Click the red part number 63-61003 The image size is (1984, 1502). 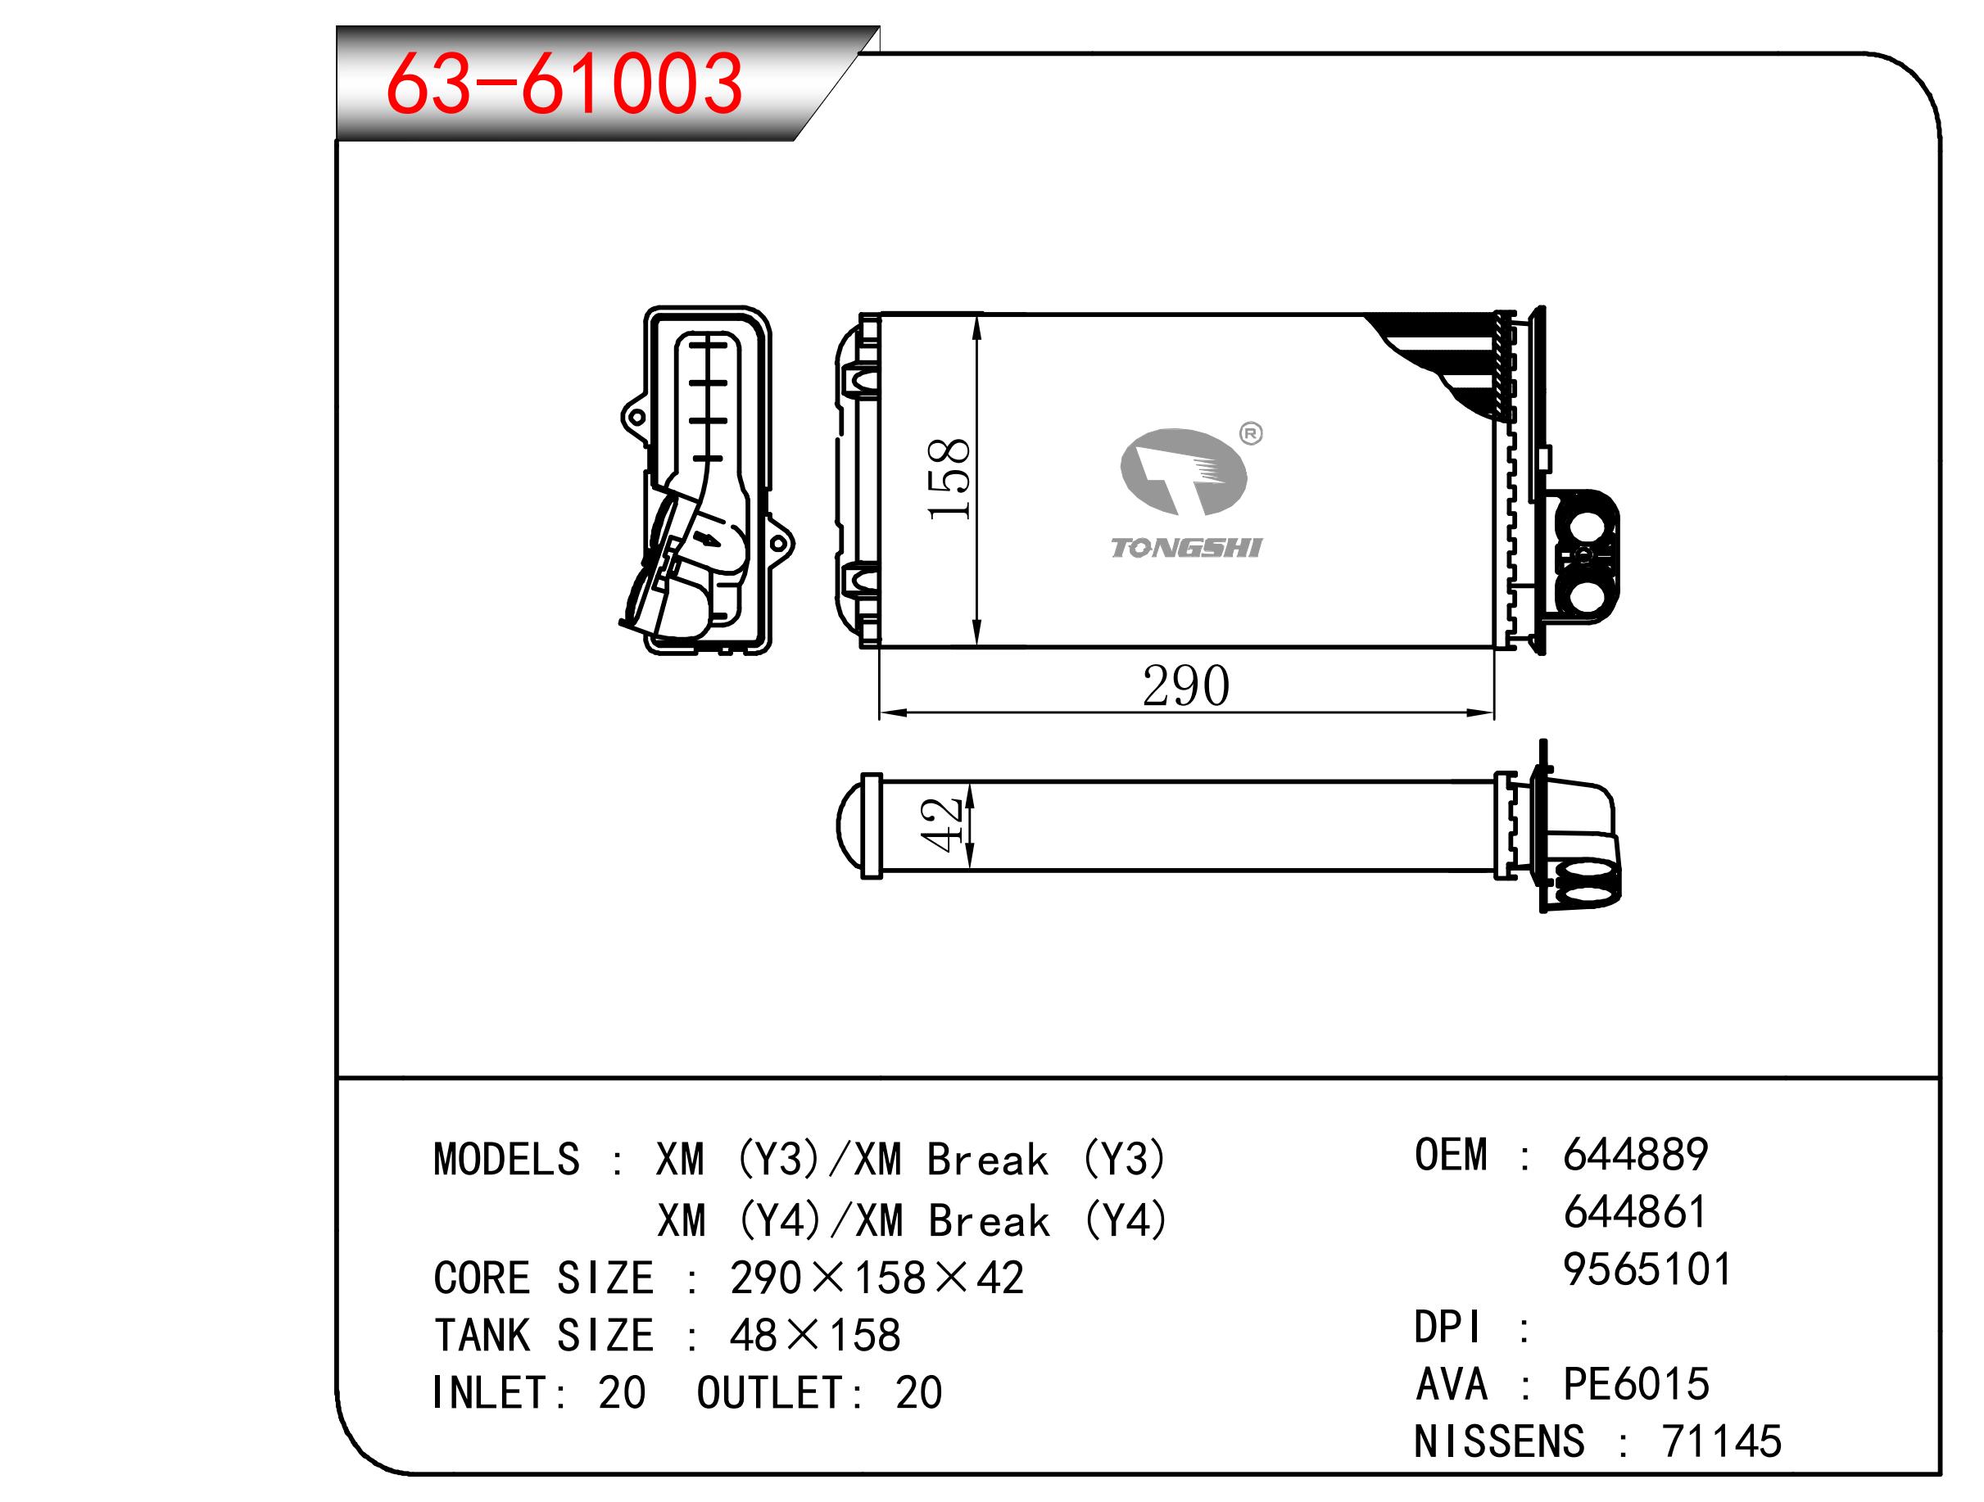[x=564, y=84]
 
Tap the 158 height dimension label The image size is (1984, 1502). [x=949, y=479]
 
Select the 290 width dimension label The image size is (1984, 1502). [x=1186, y=686]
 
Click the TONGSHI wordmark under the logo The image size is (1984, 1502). [x=1186, y=548]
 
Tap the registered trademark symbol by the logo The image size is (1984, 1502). [x=1250, y=434]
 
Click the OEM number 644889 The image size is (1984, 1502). [x=1635, y=1155]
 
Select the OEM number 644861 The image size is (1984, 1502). [x=1635, y=1212]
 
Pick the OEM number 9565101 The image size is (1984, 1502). [x=1647, y=1269]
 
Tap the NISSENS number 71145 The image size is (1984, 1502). [x=1722, y=1442]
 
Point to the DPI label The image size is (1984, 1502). [x=1447, y=1327]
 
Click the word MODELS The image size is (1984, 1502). [x=507, y=1160]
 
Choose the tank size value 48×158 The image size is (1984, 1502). [x=814, y=1336]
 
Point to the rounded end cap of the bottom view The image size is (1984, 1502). [x=848, y=826]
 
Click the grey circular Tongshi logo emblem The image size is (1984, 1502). [x=1183, y=472]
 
